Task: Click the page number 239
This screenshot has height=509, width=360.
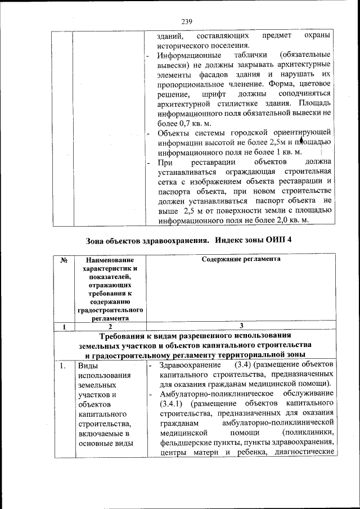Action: coord(187,22)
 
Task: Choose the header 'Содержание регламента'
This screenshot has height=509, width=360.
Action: coord(241,259)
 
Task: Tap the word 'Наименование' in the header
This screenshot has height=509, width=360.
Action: coord(109,260)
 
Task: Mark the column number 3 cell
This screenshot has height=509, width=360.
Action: coord(241,326)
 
